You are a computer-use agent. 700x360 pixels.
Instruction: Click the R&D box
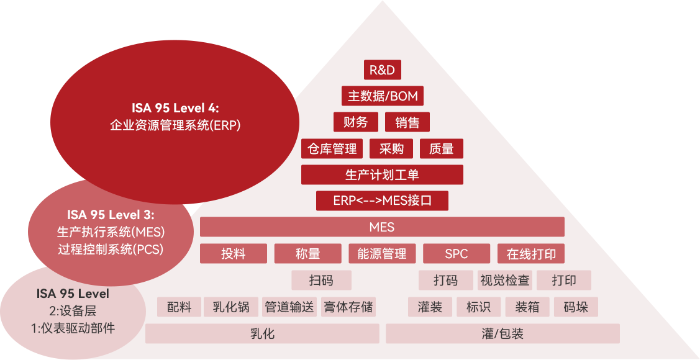click(382, 70)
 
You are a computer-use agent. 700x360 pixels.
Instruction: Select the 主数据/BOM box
click(383, 96)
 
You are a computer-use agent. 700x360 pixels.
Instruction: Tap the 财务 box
click(356, 122)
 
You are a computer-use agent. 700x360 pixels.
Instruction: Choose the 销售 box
click(407, 122)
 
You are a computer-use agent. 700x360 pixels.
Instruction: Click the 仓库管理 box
click(332, 149)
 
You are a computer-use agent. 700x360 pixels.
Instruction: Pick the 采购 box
click(391, 149)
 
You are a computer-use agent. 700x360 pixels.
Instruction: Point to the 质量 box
click(442, 149)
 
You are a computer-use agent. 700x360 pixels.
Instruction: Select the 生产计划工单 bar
click(382, 175)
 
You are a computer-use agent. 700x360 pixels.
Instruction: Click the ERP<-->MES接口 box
click(382, 201)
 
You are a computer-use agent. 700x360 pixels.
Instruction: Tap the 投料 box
click(234, 254)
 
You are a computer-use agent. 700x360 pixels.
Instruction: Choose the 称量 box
click(308, 254)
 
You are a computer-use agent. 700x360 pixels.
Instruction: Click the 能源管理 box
click(382, 254)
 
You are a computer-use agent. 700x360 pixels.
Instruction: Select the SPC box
click(457, 254)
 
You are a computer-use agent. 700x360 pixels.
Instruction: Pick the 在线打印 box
click(531, 254)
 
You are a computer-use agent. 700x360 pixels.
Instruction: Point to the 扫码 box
click(321, 281)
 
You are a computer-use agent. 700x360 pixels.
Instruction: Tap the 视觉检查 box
click(505, 281)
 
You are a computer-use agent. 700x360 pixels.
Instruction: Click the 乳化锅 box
click(231, 307)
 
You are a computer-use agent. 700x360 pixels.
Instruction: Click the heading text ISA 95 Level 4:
click(175, 109)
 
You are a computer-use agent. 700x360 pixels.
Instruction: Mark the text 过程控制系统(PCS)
click(111, 250)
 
